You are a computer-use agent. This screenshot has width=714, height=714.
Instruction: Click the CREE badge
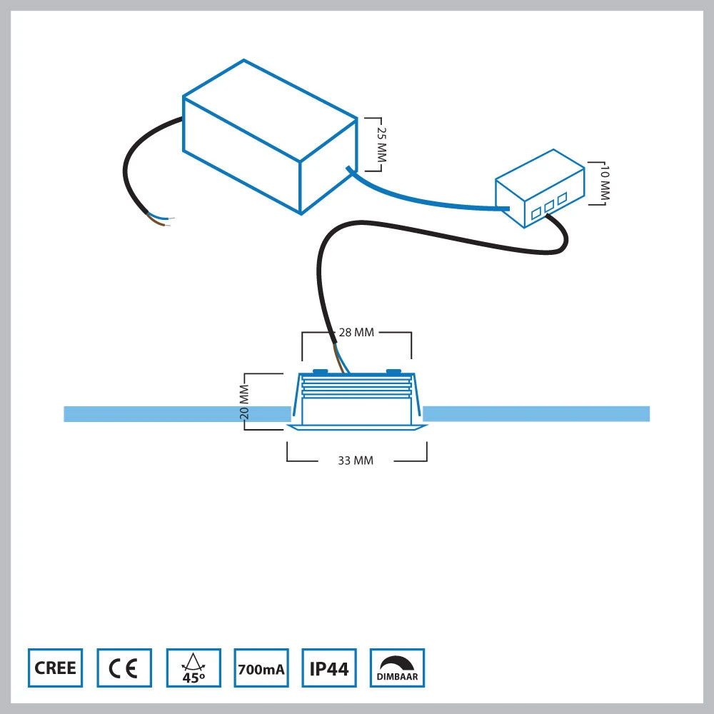point(55,668)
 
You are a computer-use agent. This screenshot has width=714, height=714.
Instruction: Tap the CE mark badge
point(124,668)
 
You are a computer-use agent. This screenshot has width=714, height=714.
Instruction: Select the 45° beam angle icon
point(193,668)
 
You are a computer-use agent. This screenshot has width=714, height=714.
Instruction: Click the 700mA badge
point(261,668)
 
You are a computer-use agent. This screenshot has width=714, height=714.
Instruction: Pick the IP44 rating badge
point(329,668)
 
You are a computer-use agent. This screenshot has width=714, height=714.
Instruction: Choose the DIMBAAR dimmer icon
point(397,668)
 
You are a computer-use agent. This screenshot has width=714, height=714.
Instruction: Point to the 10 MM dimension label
point(605,183)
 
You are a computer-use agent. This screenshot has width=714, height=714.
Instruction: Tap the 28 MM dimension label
point(356,333)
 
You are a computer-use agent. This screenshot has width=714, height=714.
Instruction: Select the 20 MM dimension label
point(243,402)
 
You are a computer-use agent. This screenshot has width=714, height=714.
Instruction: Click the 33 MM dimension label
point(356,461)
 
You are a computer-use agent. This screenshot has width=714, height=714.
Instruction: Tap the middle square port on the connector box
point(549,204)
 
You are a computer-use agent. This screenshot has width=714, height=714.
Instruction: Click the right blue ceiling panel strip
point(535,414)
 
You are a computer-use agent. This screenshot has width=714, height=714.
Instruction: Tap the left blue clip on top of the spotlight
point(320,371)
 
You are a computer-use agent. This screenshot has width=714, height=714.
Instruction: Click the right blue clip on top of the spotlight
point(393,371)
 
